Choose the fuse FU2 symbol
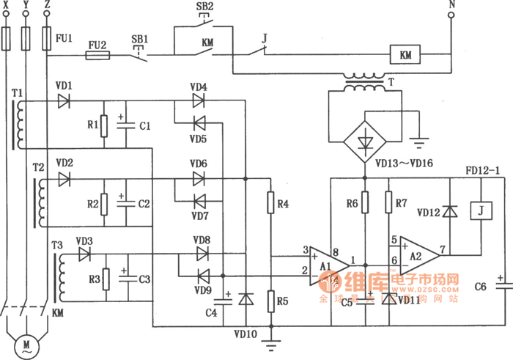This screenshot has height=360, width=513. pos(97,54)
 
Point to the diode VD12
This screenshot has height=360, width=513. pos(451,211)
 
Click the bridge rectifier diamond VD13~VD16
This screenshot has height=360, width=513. pos(364,136)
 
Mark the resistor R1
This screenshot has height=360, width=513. pos(105,125)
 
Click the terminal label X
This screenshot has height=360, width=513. pos(7,6)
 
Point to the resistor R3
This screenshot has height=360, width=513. pos(107,279)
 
